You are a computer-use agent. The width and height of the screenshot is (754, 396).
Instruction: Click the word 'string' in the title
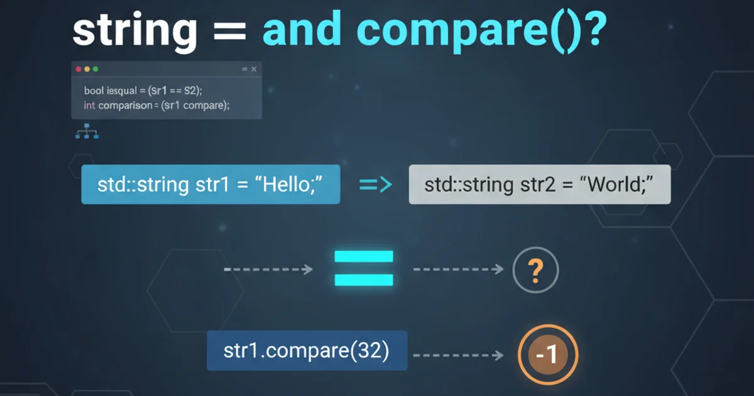(134, 31)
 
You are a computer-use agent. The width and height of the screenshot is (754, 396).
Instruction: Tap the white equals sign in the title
(230, 31)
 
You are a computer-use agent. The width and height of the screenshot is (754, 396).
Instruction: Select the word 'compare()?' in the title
(481, 31)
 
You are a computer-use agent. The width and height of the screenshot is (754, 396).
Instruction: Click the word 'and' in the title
(302, 29)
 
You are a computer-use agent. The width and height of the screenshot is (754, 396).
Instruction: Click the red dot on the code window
(79, 69)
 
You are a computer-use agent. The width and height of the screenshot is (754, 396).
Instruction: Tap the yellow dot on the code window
(87, 69)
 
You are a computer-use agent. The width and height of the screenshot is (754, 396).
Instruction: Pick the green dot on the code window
(96, 69)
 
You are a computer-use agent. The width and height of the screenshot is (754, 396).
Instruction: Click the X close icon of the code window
(254, 69)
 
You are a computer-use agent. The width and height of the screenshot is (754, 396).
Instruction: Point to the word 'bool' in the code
(94, 91)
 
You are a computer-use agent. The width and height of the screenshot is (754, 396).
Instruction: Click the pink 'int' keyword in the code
(89, 106)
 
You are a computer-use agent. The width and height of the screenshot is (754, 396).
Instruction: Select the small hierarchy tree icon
(87, 131)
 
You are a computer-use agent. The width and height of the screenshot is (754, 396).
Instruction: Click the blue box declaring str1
(210, 184)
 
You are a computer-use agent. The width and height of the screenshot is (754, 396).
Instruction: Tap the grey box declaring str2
(540, 184)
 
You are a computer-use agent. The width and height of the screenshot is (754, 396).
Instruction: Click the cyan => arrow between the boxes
(376, 185)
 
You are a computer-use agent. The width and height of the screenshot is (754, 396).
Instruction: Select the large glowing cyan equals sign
(364, 268)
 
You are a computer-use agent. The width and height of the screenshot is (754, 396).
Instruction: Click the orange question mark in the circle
(535, 271)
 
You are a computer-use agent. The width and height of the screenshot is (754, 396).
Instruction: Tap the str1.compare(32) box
(307, 351)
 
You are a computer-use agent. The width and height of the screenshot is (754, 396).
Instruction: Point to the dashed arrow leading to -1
(458, 355)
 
